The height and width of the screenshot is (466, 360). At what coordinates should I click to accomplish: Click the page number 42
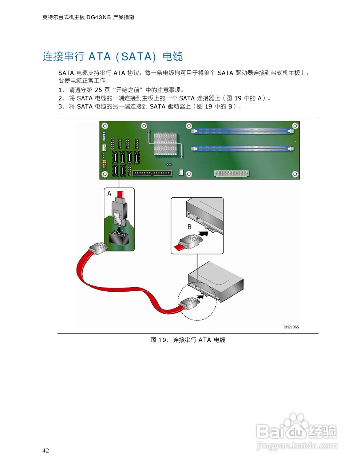point(46,450)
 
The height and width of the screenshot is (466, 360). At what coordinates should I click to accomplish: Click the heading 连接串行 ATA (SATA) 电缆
point(112,56)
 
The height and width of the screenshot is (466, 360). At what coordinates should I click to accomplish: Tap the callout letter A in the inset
point(109,194)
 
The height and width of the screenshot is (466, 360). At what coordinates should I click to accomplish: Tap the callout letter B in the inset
point(189,227)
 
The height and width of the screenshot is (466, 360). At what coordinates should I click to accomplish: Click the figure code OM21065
point(291,327)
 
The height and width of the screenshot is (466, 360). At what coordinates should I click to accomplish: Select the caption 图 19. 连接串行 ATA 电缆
point(188,340)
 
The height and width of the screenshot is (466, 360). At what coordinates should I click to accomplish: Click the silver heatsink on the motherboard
point(165,143)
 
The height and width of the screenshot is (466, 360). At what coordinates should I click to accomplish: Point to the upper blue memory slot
point(242,131)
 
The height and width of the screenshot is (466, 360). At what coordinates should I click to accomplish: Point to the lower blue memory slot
point(242,149)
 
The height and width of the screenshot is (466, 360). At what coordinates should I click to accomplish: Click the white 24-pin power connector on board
point(231,173)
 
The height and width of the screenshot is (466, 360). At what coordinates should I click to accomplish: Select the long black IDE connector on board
point(152,173)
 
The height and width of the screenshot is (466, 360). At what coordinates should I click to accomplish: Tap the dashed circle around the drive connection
point(197,302)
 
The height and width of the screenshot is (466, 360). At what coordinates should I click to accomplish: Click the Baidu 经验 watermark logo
point(296,428)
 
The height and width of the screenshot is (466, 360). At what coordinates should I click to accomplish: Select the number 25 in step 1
point(98,90)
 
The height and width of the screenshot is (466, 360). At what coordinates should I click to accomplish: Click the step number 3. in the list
point(61,106)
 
